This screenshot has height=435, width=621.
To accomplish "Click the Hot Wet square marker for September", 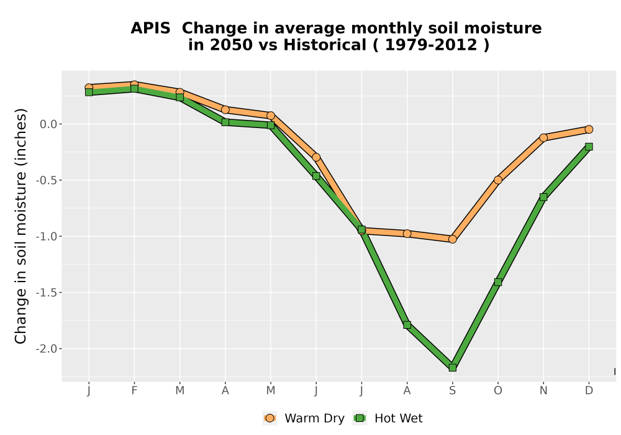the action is point(452,368).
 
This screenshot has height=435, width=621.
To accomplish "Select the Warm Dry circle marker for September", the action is point(452,239).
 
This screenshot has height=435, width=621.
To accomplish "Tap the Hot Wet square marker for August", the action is point(407,325).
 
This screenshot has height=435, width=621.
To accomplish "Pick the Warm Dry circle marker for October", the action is point(498,180).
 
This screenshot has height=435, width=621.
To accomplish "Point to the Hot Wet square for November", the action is point(543,197).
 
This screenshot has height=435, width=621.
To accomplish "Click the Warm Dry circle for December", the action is point(589,129).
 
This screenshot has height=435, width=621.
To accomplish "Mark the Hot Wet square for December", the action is point(589,147).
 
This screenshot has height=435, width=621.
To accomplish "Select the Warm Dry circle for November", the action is point(543,137).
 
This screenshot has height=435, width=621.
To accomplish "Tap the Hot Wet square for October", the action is point(498,282).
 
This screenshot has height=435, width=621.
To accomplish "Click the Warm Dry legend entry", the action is point(304,418).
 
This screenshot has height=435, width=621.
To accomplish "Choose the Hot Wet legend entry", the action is point(388,418).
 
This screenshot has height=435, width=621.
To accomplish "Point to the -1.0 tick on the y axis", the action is point(47,237).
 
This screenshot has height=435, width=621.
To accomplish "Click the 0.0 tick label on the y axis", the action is point(48,124).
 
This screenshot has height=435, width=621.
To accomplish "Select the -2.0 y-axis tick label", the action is point(47,349).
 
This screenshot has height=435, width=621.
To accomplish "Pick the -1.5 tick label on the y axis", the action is point(47,293).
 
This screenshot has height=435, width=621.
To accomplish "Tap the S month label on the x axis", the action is point(452,391).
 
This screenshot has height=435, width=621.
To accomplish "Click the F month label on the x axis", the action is point(134,391).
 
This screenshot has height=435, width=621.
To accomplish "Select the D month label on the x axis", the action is point(589,391).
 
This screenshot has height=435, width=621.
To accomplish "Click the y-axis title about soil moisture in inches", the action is point(20,226).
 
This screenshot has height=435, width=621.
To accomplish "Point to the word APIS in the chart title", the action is point(150,28).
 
